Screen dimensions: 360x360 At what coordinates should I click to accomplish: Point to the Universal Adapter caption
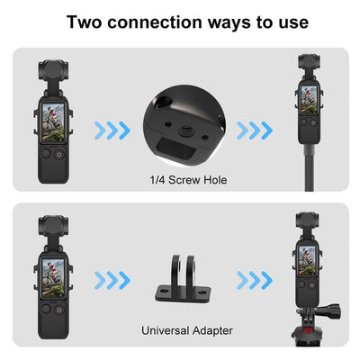click(x=186, y=330)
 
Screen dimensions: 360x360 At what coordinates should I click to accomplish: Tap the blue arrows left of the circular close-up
click(x=112, y=131)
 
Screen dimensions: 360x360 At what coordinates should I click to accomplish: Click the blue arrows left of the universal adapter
click(x=112, y=280)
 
